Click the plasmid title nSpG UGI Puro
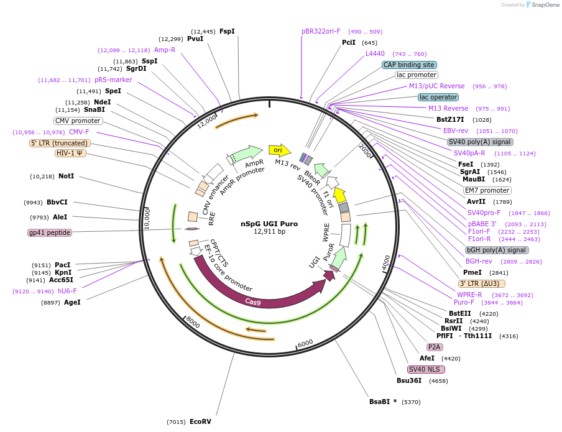pyautogui.click(x=269, y=224)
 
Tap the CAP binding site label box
pyautogui.click(x=409, y=65)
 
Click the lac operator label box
pyautogui.click(x=438, y=97)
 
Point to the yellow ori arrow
pyautogui.click(x=279, y=150)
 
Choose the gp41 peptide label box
pyautogui.click(x=50, y=232)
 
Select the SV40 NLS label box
pyautogui.click(x=424, y=369)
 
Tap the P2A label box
pyautogui.click(x=433, y=347)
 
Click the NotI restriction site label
pyautogui.click(x=66, y=177)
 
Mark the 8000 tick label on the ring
pyautogui.click(x=193, y=323)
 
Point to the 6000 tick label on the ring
pyautogui.click(x=305, y=344)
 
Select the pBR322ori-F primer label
pyautogui.click(x=321, y=31)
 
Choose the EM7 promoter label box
pyautogui.click(x=487, y=190)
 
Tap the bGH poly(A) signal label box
pyautogui.click(x=497, y=250)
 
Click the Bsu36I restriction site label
pyautogui.click(x=409, y=380)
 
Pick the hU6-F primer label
pyautogui.click(x=67, y=291)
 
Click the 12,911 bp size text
pyautogui.click(x=269, y=232)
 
